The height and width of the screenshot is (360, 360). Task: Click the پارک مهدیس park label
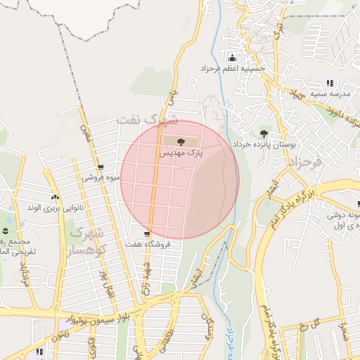181,153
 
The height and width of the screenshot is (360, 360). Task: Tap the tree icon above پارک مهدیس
181,142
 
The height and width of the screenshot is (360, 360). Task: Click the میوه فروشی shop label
102,178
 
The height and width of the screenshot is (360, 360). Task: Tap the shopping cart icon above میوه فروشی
102,167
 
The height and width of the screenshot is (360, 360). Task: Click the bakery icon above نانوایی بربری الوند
56,198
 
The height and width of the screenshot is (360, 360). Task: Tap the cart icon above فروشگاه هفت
146,234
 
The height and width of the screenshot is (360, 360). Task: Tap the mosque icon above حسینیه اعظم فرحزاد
232,58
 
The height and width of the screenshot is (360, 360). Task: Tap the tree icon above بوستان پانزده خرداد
264,133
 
